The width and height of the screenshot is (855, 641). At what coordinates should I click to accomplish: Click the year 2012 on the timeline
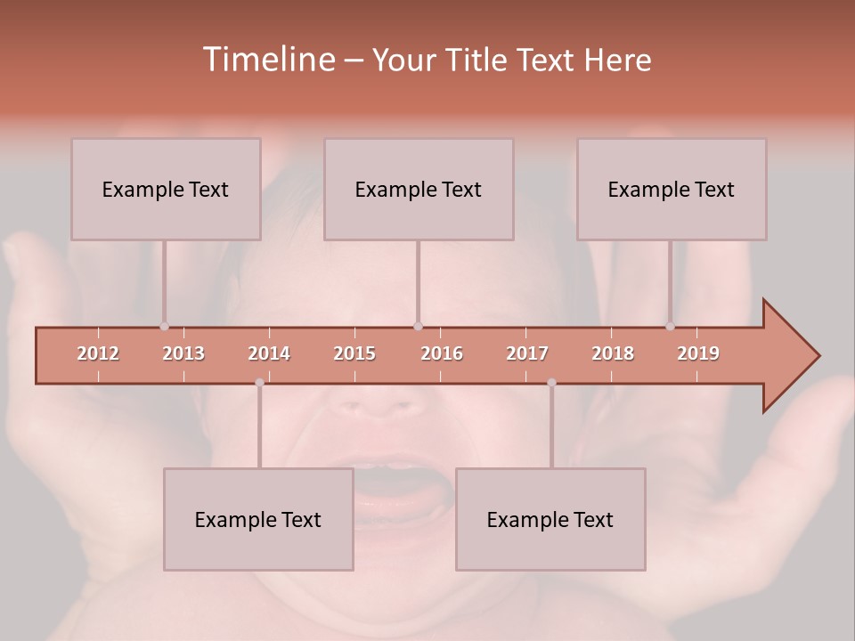(x=98, y=353)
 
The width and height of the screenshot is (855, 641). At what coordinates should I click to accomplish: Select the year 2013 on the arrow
(x=183, y=353)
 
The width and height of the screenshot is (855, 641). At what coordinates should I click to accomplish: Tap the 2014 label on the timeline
(x=269, y=353)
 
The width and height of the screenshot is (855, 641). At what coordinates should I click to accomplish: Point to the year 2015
(x=354, y=353)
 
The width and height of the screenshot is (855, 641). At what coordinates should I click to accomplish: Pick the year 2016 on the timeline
(x=442, y=353)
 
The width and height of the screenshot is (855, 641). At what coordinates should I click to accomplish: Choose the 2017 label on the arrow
(x=527, y=353)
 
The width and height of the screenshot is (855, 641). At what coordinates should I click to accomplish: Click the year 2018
(x=613, y=353)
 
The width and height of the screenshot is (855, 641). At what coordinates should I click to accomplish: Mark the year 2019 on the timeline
(x=698, y=353)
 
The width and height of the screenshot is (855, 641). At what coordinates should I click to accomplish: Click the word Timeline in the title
(x=267, y=60)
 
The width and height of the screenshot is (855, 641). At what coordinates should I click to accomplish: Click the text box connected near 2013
(x=166, y=189)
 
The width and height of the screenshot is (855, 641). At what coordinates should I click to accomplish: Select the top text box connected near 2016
(x=419, y=189)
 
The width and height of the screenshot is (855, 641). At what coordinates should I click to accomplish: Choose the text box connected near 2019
(x=672, y=189)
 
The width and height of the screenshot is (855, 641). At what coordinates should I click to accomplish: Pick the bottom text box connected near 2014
(x=258, y=519)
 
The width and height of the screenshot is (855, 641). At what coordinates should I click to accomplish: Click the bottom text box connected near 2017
(x=550, y=519)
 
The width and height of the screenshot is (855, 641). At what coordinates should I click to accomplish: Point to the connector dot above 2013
(x=164, y=326)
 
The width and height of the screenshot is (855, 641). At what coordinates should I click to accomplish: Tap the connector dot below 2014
(x=259, y=383)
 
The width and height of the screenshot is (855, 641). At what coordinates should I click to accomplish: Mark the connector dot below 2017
(x=551, y=383)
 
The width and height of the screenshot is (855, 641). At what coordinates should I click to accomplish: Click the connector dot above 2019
(x=670, y=326)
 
